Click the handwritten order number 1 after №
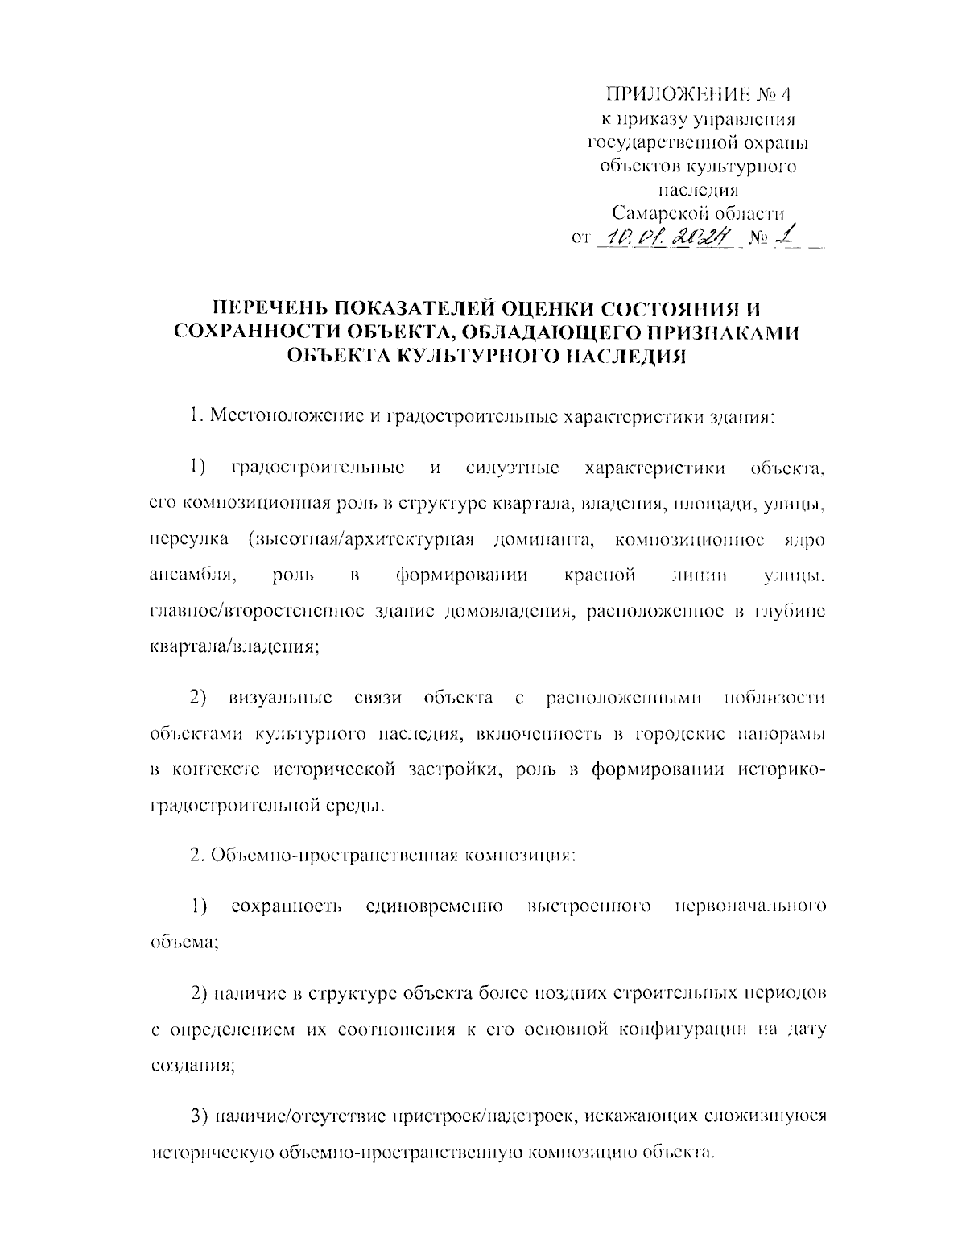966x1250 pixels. (788, 236)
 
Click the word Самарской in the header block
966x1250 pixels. (650, 213)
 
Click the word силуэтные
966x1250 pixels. (513, 468)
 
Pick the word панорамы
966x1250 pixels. (783, 734)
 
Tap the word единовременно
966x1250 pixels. (435, 907)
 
